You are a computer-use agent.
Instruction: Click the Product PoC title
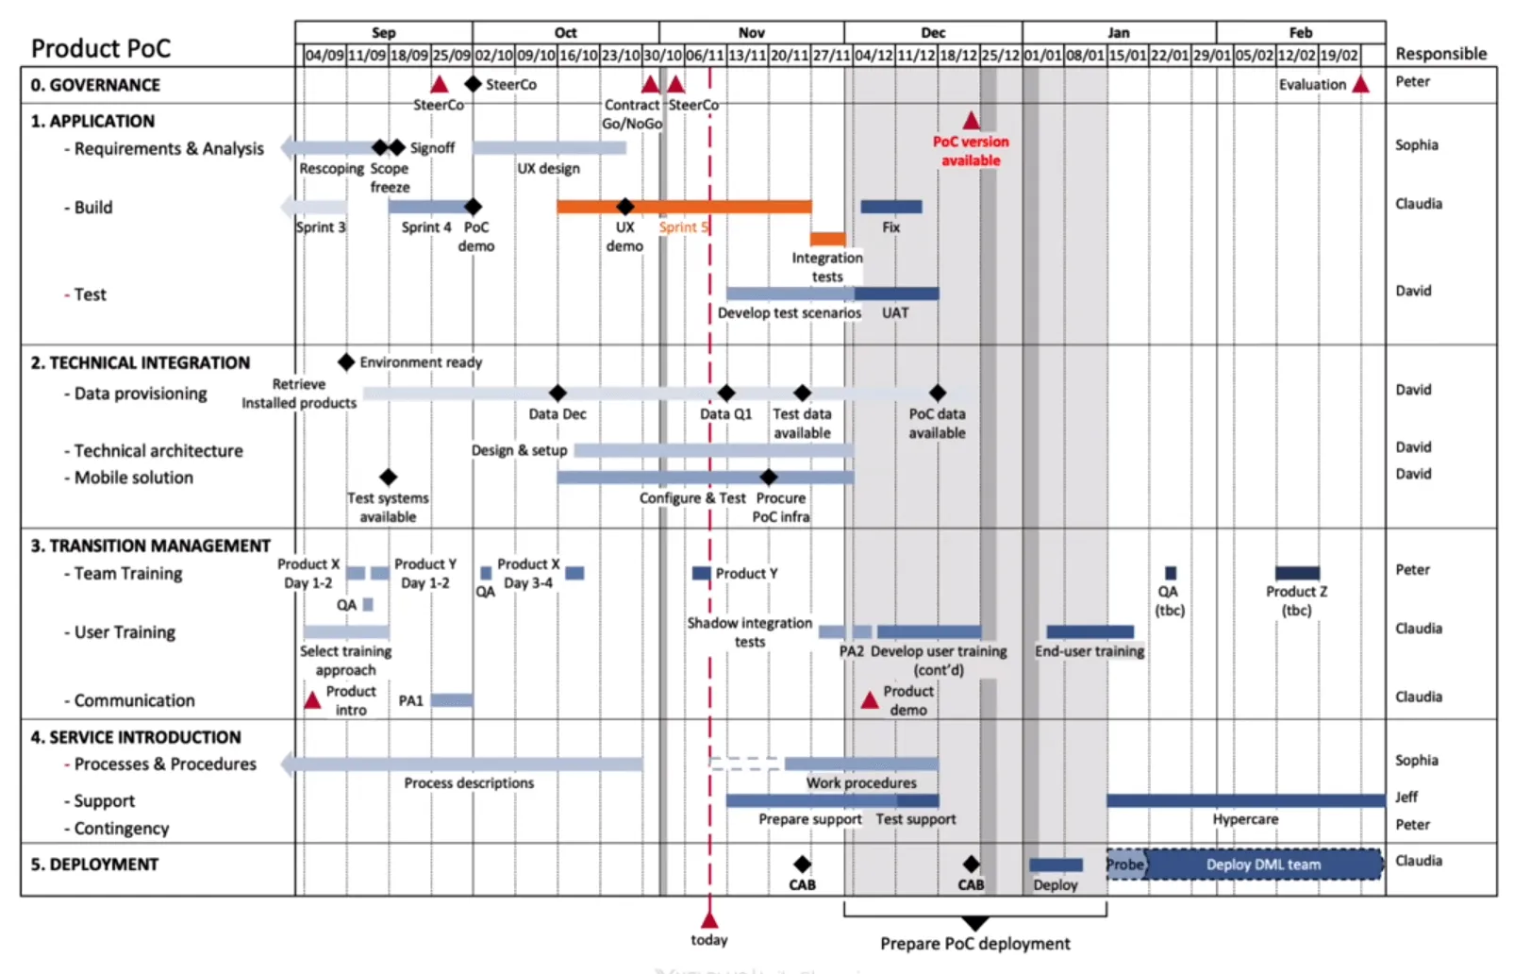[101, 48]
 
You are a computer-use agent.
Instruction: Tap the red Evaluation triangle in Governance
[1360, 85]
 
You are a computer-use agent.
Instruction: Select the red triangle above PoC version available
[971, 121]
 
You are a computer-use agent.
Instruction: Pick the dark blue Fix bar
[890, 207]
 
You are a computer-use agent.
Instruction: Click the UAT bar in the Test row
[896, 294]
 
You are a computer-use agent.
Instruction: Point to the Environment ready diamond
[346, 362]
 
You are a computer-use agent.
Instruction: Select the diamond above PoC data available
[937, 393]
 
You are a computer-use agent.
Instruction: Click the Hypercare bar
[1245, 800]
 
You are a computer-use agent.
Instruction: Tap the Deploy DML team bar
[1263, 865]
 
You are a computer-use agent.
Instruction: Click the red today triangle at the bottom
[709, 919]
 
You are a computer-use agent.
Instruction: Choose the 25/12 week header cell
[1000, 56]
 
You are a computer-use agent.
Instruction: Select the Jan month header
[1118, 32]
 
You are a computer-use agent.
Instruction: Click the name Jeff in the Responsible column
[1406, 797]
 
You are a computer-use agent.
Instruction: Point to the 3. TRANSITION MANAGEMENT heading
[150, 546]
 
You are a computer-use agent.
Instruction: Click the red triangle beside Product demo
[870, 700]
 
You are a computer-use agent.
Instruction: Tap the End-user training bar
[1090, 631]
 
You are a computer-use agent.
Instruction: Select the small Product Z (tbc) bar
[1297, 573]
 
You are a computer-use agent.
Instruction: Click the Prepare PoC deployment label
[974, 943]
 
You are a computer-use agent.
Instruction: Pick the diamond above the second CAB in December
[971, 865]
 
